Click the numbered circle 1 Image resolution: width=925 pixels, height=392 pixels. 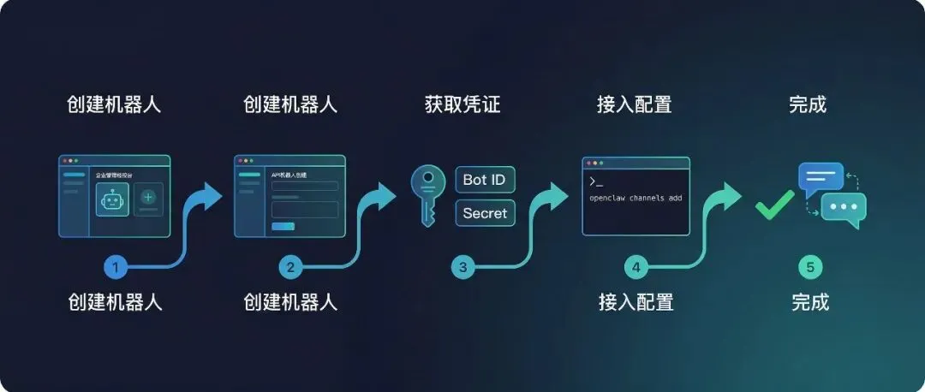coord(115,267)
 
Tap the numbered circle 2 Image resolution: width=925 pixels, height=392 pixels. coord(290,267)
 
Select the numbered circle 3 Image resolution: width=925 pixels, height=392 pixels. coord(463,267)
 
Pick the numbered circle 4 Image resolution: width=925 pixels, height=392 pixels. coord(636,267)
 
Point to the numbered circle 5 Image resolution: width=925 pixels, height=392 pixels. coord(809,267)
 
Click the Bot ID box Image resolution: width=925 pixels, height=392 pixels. coord(486,180)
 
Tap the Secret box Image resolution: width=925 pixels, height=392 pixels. coord(486,213)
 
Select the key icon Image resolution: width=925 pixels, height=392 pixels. coord(427,195)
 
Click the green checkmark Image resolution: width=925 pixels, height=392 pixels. coord(774,204)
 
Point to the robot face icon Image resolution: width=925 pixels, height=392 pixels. coord(112,200)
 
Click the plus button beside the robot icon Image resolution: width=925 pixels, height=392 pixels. coord(148,197)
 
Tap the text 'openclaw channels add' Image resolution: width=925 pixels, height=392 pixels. coord(635,199)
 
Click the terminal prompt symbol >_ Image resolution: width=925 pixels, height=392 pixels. coord(596,181)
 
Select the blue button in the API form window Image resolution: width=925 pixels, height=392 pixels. coord(283,226)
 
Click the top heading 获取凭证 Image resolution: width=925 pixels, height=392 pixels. coord(462,105)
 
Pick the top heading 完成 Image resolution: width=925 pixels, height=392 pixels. coord(808,105)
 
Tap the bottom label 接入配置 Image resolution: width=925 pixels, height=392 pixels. coord(636,302)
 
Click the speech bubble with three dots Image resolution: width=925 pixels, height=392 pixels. coord(844,209)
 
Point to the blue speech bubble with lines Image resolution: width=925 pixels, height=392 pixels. coord(821,177)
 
